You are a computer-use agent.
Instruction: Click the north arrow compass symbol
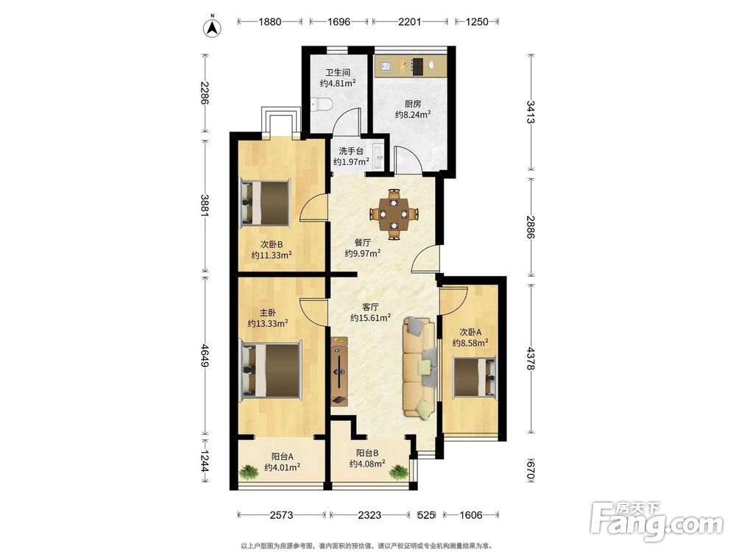[212, 27]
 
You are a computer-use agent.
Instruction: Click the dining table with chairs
[393, 213]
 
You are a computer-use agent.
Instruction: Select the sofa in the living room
[420, 367]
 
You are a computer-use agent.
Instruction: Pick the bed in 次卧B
[266, 202]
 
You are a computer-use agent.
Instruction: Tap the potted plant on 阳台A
[248, 471]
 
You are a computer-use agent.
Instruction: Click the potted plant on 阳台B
[399, 472]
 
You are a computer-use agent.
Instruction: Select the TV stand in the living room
[339, 371]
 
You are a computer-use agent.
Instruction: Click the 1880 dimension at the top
[269, 21]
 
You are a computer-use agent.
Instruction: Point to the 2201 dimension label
[410, 21]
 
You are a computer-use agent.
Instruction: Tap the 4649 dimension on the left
[205, 355]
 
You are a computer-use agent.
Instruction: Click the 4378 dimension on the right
[531, 359]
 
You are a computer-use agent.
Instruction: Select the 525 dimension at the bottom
[425, 515]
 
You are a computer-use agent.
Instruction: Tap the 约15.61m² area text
[371, 318]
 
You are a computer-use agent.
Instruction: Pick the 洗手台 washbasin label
[351, 151]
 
